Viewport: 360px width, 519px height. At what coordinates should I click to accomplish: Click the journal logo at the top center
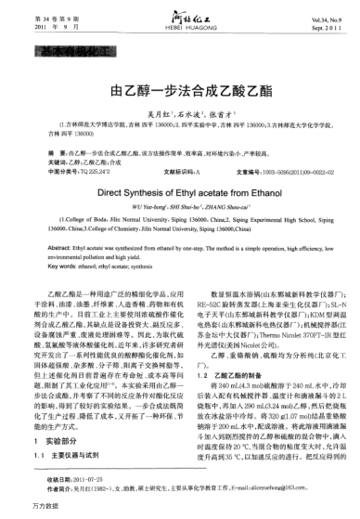[179, 13]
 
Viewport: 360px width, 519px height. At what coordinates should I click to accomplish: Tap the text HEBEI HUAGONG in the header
[179, 26]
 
